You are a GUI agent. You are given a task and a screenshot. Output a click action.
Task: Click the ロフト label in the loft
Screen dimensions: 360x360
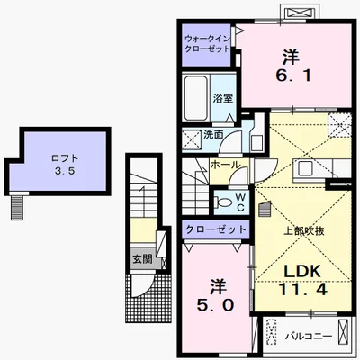pos(65,158)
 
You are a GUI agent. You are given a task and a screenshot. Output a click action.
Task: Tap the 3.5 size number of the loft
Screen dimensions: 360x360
pos(64,171)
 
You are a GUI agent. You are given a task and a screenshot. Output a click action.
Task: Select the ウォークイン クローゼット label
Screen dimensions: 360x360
pos(207,44)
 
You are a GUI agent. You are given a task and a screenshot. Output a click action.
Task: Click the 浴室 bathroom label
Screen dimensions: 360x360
pos(223,98)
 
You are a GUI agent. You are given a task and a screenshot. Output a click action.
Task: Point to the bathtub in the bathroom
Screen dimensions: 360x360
pos(195,98)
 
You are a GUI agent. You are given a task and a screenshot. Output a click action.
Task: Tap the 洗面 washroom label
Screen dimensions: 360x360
pos(213,135)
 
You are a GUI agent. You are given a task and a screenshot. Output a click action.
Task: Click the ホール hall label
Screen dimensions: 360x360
pos(225,165)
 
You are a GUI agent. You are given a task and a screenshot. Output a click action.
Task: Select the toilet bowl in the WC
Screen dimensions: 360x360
pos(221,202)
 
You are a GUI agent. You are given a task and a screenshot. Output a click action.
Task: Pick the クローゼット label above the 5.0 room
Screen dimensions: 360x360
pos(215,229)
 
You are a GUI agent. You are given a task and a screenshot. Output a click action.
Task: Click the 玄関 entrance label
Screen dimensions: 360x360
pos(142,259)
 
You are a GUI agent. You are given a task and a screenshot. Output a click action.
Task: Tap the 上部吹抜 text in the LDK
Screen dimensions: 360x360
pos(304,231)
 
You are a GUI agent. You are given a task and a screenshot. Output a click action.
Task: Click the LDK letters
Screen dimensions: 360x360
pos(302,272)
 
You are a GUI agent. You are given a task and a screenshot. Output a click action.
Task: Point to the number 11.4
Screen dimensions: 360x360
pos(302,289)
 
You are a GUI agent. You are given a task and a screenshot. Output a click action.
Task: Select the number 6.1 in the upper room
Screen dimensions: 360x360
pos(293,76)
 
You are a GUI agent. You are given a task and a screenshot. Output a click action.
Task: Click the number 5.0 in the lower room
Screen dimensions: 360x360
pos(215,305)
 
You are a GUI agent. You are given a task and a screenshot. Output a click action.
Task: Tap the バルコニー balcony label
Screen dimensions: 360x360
pos(309,336)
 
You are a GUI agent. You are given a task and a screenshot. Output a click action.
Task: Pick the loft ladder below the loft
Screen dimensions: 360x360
pos(17,208)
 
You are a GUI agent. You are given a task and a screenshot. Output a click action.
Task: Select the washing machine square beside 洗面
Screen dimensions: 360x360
pos(192,139)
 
